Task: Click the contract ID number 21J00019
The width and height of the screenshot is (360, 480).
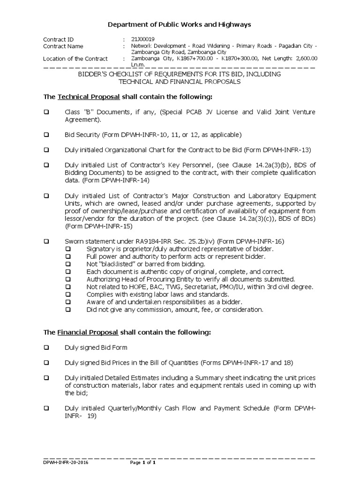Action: (142, 39)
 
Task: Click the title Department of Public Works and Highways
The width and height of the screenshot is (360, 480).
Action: (180, 24)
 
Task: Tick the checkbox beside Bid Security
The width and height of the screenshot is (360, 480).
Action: (46, 135)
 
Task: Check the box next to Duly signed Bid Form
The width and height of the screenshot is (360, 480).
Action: (46, 347)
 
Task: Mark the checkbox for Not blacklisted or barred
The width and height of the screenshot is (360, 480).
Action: (68, 264)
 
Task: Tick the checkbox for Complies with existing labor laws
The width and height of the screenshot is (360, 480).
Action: (68, 294)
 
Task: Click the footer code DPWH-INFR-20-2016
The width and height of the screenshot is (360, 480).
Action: (65, 463)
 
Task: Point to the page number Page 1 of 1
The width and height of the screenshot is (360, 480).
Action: (142, 463)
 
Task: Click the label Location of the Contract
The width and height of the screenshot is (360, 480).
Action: (75, 59)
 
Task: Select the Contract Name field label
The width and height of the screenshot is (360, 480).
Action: (63, 46)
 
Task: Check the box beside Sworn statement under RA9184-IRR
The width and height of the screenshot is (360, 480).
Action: (46, 241)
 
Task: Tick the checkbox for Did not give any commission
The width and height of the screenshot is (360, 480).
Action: (68, 310)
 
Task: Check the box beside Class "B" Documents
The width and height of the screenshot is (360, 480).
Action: (46, 112)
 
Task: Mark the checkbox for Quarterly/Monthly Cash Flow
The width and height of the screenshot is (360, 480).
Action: (46, 408)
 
